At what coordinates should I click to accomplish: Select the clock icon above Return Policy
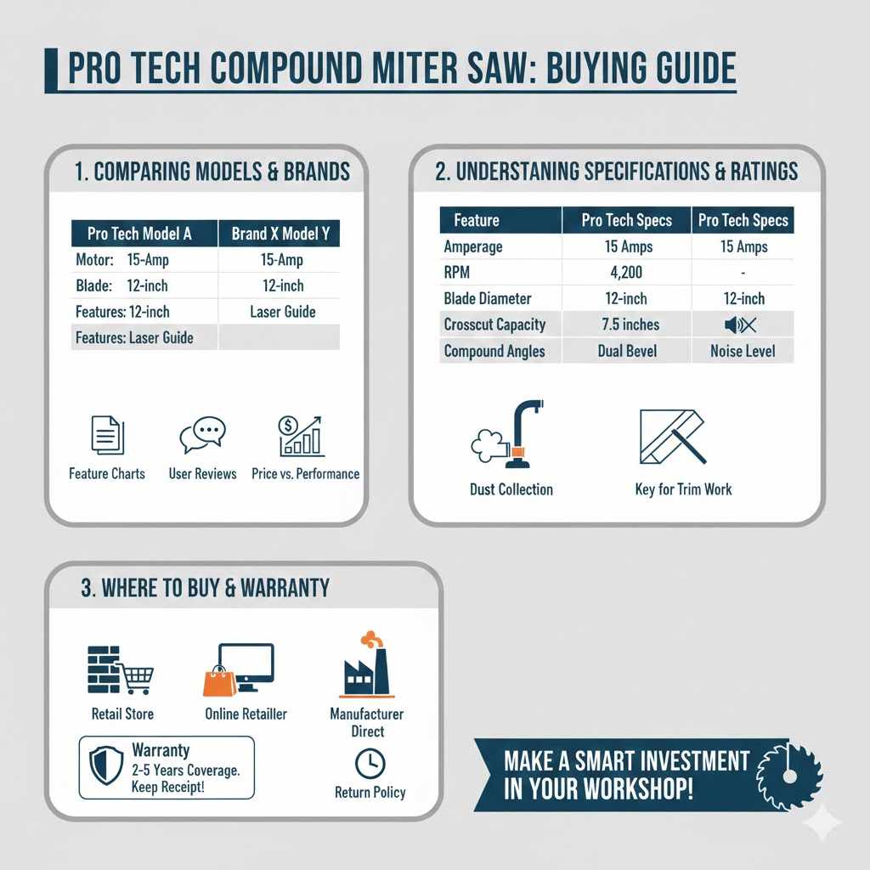coord(370,763)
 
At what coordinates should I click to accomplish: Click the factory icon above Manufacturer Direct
coord(366,667)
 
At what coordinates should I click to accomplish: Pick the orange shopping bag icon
coord(219,681)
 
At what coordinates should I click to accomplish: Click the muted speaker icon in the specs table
coord(742,325)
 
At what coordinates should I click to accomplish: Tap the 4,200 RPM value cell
coord(626,273)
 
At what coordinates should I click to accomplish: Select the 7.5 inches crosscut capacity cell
coord(626,325)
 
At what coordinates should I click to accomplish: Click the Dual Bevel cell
coord(626,351)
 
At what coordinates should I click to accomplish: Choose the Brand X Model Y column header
coord(279,234)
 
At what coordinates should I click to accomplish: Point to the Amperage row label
coord(473,246)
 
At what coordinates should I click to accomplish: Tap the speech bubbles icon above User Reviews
coord(202,435)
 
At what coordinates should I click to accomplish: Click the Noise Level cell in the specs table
coord(742,351)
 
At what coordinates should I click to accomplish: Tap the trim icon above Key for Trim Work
coord(672,436)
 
